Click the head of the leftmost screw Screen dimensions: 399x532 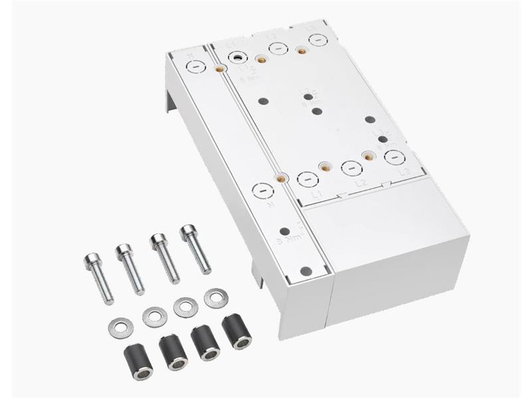coord(91,259)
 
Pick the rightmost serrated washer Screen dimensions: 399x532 coord(215,298)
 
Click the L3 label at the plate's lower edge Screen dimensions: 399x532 coord(404,172)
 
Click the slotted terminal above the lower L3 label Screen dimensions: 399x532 coord(394,157)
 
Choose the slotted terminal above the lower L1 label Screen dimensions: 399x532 coord(307,178)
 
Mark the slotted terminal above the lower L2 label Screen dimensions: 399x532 coord(351,168)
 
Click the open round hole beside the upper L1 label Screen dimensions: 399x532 coord(237,58)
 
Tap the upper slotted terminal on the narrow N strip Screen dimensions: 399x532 coord(195,66)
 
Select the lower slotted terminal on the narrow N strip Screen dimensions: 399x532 coord(263,192)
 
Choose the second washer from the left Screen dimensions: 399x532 coord(154,315)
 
